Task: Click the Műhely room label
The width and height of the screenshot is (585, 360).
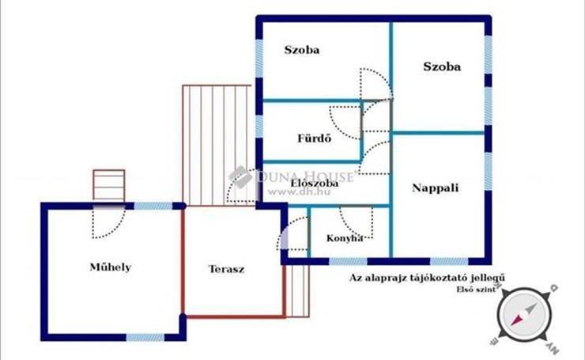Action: (111, 267)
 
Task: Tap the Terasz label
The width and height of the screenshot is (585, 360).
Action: (226, 269)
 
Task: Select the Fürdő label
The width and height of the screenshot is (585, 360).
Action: (314, 138)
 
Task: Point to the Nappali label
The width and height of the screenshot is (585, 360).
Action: (435, 188)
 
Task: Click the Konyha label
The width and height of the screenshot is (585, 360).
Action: (345, 238)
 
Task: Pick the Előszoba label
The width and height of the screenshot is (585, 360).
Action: (315, 184)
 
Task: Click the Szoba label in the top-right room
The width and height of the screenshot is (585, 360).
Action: (442, 66)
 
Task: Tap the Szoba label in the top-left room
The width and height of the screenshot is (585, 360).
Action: (302, 50)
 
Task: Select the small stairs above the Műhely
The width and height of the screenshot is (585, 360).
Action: (109, 186)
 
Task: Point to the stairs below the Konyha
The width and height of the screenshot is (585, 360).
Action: (297, 291)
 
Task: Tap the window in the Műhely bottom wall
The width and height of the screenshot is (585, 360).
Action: (145, 338)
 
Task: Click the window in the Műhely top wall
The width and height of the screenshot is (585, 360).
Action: (153, 206)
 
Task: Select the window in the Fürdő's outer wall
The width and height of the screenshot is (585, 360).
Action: (259, 127)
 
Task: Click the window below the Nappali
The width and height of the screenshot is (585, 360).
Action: (449, 261)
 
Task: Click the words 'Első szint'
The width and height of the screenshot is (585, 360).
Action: (477, 289)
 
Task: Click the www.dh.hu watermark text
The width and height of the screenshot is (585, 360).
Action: (299, 192)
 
